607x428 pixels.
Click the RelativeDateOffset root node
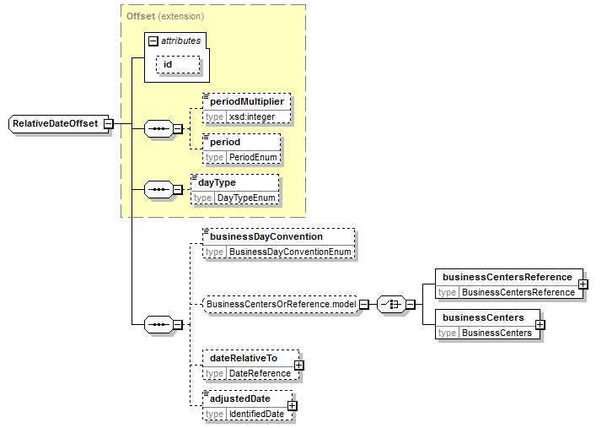coord(55,124)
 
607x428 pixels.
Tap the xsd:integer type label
coord(251,116)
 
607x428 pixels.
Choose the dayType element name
coord(217,182)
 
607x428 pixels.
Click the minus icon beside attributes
coord(153,41)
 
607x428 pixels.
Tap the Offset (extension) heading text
coord(165,16)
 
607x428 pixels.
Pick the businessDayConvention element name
coord(266,236)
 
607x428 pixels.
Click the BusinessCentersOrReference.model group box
coord(281,304)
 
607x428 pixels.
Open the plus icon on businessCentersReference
coord(583,284)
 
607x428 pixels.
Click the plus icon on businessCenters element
coord(540,324)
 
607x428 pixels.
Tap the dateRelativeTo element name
coord(244,358)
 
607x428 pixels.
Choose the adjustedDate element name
coord(240,398)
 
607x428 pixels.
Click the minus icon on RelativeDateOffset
coord(109,124)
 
